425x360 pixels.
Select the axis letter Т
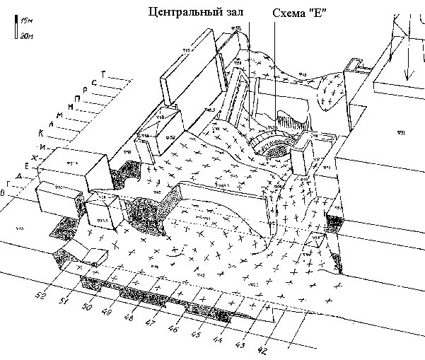click(x=103, y=73)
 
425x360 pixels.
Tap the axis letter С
click(x=94, y=82)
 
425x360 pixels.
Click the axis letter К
click(x=42, y=132)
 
